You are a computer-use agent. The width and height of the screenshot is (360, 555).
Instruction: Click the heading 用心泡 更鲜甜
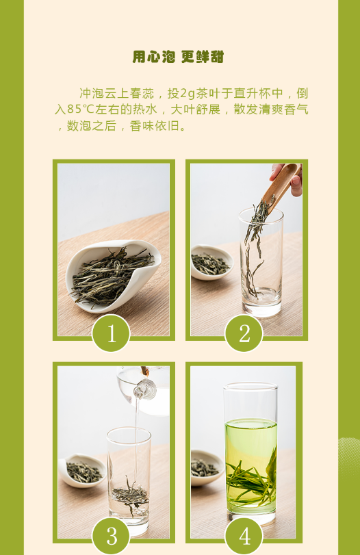pos(178,57)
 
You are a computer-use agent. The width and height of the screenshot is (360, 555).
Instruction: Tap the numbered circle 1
pos(111,333)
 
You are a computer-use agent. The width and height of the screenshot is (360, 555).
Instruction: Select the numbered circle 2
pos(244,333)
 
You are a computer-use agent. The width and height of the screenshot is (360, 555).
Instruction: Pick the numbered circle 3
pos(111,536)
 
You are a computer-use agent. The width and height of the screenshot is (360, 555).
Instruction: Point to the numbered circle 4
pos(244,536)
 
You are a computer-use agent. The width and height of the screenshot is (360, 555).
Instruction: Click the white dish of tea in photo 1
pos(114,275)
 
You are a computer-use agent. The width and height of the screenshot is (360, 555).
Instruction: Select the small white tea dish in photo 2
pos(211,262)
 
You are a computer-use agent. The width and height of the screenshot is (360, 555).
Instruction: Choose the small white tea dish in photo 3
pos(83,470)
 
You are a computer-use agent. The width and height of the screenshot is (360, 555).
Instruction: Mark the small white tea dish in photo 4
pos(207,467)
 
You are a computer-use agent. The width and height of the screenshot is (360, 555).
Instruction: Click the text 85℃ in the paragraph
pos(80,109)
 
